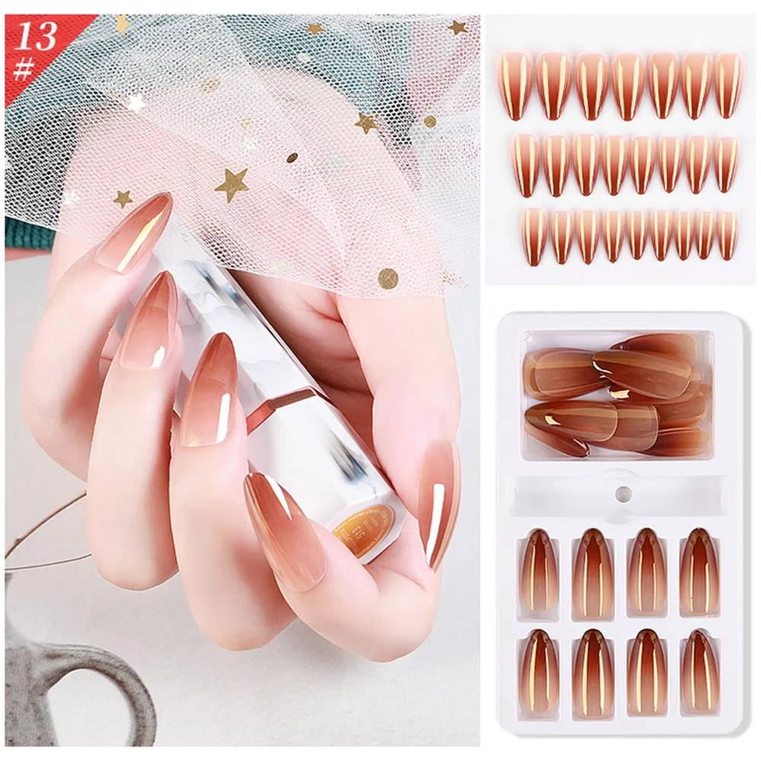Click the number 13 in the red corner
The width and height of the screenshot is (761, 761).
click(x=36, y=35)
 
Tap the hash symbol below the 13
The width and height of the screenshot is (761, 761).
click(x=24, y=68)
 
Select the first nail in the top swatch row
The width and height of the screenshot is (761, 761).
click(x=514, y=85)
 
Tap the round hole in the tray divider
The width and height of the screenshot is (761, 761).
click(x=623, y=493)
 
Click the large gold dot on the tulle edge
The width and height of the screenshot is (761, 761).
click(x=389, y=278)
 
